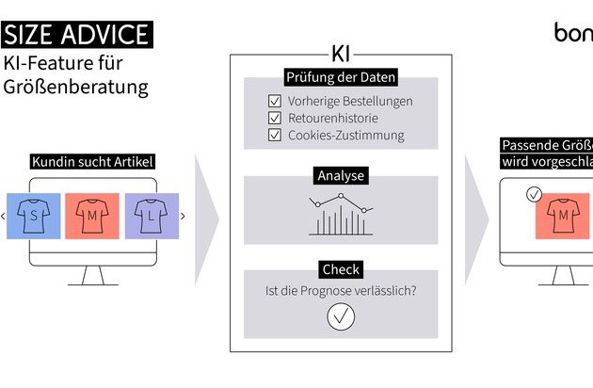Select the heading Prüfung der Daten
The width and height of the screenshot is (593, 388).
pos(341,77)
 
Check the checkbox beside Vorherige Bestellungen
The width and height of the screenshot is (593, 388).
pos(275,101)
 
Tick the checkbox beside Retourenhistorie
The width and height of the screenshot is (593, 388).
pos(275,118)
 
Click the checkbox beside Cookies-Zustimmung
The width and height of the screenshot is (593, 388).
pos(275,135)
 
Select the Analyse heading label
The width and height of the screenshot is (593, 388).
pos(341,175)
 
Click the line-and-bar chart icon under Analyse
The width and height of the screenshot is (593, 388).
pos(341,215)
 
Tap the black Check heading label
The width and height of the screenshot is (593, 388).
pos(341,269)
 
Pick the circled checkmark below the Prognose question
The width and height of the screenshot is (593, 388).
pos(341,316)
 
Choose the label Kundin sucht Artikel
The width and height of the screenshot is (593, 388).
pos(93,162)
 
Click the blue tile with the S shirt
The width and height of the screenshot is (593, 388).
pos(34,216)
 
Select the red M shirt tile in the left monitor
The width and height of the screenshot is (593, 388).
pos(92,216)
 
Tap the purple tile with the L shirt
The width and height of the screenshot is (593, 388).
pos(151,216)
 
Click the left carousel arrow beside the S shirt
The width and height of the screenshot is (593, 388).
pos(4,217)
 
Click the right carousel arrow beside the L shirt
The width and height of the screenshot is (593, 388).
pos(182,217)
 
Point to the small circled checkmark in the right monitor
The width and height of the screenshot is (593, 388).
pos(534,194)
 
